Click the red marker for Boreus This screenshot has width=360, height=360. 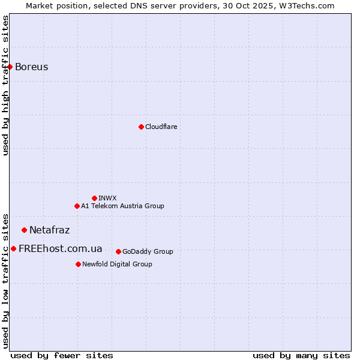pos(10,67)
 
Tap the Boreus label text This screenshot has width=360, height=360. pos(31,67)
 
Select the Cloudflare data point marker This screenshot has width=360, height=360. pos(141,127)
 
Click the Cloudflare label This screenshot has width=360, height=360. pos(161,127)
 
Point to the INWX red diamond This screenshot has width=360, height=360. pos(94,198)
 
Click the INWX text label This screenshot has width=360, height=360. pos(107,198)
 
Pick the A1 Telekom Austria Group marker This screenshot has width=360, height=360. pos(77,206)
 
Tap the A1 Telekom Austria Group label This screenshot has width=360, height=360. pos(122,206)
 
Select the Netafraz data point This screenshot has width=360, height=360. pos(24,230)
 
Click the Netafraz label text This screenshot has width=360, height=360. pos(49,230)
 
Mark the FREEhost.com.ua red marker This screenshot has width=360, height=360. pos(13,248)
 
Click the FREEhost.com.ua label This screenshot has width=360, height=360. pos(60,248)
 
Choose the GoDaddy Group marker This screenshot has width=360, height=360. pos(118,251)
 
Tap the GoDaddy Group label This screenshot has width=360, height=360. pos(148,251)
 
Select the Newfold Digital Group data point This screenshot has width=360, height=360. pos(78,264)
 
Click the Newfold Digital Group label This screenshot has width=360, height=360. pos(117,264)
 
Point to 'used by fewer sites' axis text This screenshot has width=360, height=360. pos(62,355)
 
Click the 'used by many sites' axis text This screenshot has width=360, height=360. pos(301,355)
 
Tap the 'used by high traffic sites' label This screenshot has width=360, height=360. pos(5,85)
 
